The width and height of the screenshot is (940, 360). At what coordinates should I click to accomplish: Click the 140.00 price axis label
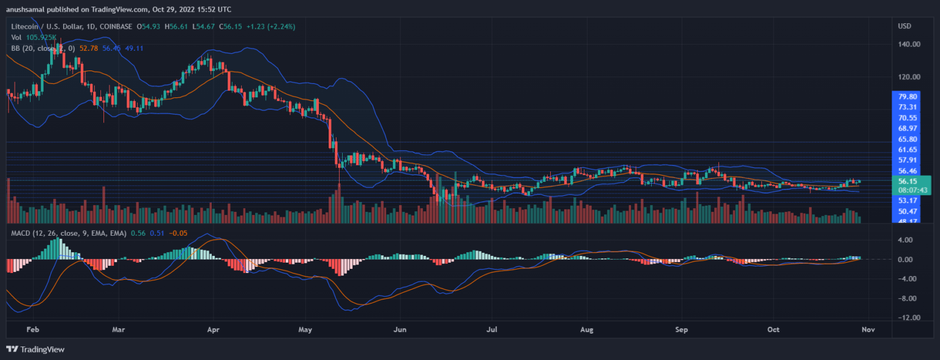tap(909, 44)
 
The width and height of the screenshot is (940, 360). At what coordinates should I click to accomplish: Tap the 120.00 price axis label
tap(909, 77)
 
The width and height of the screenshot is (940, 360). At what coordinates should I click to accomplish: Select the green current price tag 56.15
tap(907, 181)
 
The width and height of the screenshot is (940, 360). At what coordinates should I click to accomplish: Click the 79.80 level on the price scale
tap(907, 97)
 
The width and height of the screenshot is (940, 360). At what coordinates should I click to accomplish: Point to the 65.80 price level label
tap(907, 139)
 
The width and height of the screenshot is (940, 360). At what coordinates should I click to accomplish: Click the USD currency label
tap(905, 26)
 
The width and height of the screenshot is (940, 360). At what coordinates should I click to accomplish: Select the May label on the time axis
tap(305, 329)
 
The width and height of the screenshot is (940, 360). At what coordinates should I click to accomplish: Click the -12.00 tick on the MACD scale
tap(907, 318)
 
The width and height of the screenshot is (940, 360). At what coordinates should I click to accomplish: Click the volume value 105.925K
tap(45, 37)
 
